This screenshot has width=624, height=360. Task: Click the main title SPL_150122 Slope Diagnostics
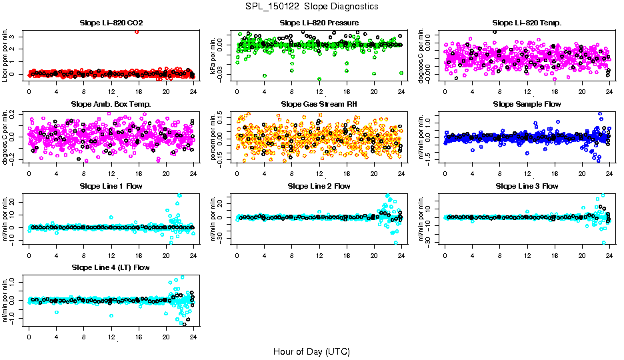tap(311, 6)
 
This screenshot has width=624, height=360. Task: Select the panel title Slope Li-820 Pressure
tap(319, 23)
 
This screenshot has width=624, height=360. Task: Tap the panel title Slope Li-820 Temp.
tap(527, 23)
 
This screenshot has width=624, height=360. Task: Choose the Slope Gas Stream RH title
tap(319, 105)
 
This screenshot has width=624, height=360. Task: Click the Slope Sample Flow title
tap(527, 105)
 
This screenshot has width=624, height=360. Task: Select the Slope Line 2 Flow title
tap(319, 186)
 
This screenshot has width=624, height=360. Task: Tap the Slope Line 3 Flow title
tap(527, 186)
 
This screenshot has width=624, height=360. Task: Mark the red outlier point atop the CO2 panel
tap(137, 31)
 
